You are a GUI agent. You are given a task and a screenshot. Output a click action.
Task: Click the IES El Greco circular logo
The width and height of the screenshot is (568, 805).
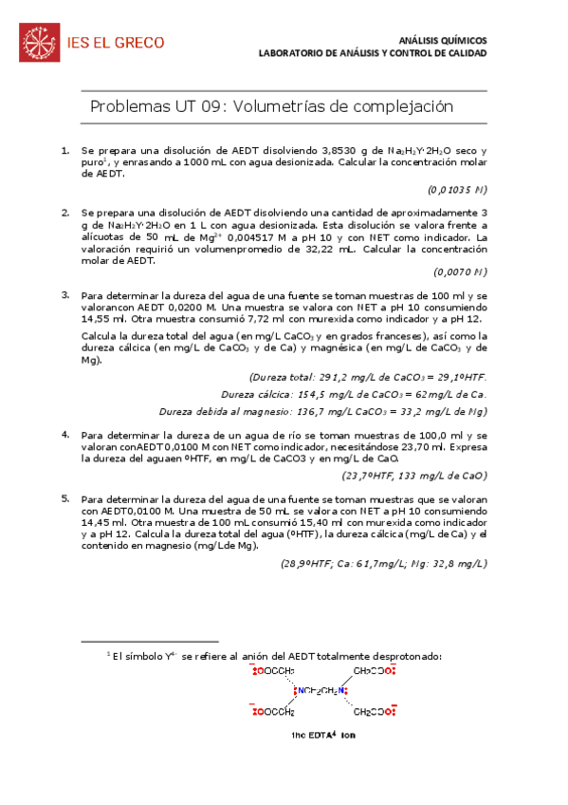pyautogui.click(x=39, y=42)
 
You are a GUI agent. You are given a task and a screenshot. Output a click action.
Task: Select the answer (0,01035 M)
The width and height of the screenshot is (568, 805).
pyautogui.click(x=457, y=189)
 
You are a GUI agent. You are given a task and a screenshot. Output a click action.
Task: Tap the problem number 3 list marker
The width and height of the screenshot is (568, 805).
pyautogui.click(x=65, y=295)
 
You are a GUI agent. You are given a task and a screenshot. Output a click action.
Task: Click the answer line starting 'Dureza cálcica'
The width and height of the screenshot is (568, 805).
pyautogui.click(x=354, y=394)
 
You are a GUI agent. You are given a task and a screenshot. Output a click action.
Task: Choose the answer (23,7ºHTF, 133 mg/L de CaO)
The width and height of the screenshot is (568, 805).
pyautogui.click(x=414, y=476)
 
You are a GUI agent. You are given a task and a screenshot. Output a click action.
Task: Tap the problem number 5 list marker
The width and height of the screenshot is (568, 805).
pyautogui.click(x=65, y=497)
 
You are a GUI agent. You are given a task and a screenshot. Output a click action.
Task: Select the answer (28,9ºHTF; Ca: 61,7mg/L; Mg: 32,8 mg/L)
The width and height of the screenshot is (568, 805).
pyautogui.click(x=384, y=563)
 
